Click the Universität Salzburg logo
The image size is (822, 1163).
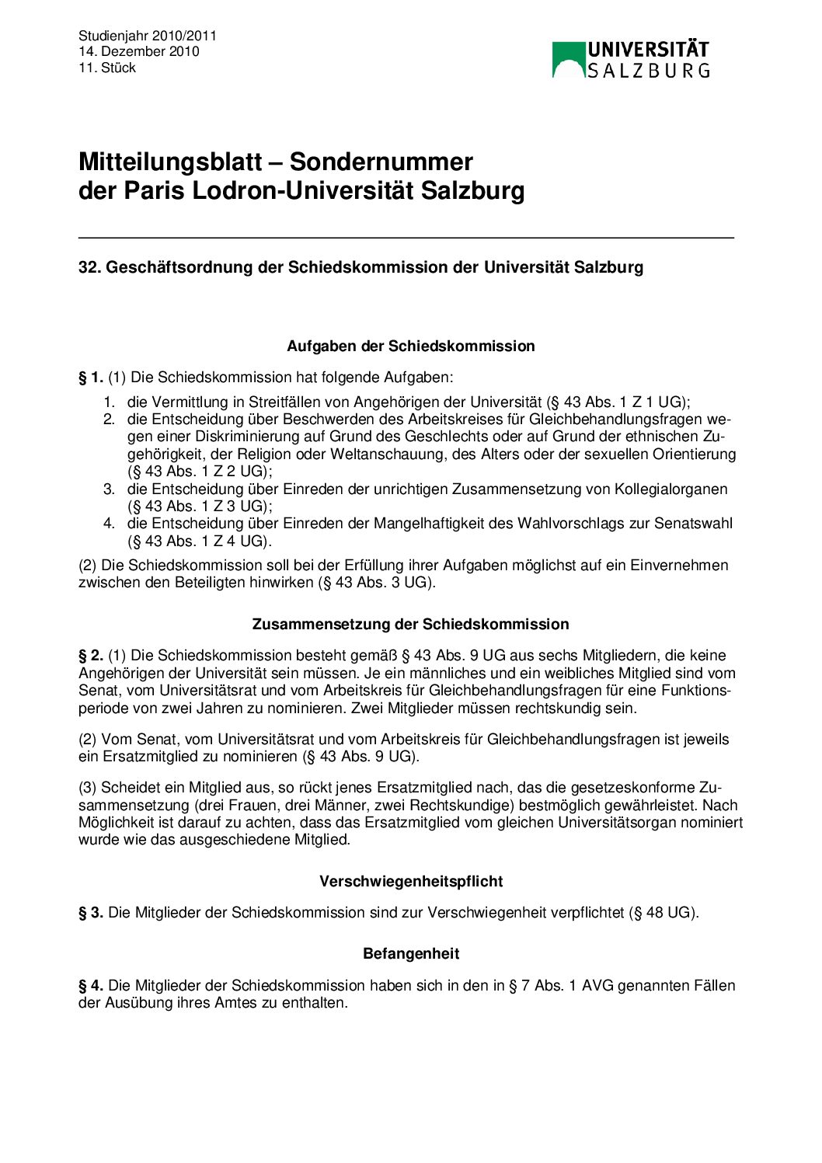pos(630,60)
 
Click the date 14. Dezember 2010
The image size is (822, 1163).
pos(138,51)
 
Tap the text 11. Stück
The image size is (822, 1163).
pos(107,68)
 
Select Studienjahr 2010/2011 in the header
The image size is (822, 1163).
pos(148,36)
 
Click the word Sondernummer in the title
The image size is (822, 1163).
pos(381,162)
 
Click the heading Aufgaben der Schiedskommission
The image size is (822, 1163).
pos(410,346)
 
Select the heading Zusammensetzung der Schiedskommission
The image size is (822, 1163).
pos(410,624)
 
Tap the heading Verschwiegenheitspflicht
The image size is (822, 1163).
pos(410,881)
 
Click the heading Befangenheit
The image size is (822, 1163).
pos(410,953)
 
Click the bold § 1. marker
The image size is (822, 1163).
pos(91,378)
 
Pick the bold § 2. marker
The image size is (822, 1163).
pos(91,656)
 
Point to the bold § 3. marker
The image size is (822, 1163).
pos(91,912)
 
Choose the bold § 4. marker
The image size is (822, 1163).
pos(91,985)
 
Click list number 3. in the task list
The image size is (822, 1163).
pos(109,489)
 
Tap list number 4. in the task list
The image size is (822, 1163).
pos(109,524)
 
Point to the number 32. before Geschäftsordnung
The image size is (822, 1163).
pos(90,267)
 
